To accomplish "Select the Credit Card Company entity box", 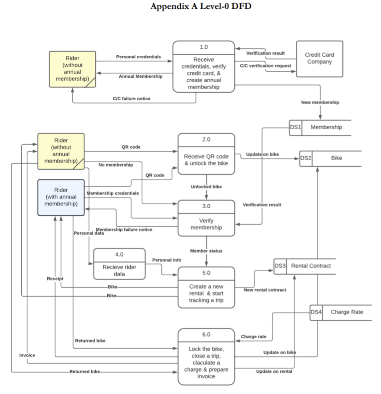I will pyautogui.click(x=319, y=58).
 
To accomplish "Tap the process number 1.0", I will pyautogui.click(x=204, y=47).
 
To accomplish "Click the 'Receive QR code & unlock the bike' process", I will pyautogui.click(x=206, y=159).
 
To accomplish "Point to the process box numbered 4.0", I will pyautogui.click(x=119, y=264).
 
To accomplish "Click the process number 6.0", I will pyautogui.click(x=206, y=334).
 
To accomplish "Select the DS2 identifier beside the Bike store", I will pyautogui.click(x=306, y=158).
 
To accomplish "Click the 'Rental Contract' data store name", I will pyautogui.click(x=311, y=266).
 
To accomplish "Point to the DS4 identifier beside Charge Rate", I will pyautogui.click(x=316, y=312).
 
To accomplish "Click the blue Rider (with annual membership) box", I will pyautogui.click(x=61, y=197).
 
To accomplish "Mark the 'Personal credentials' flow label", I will pyautogui.click(x=138, y=57).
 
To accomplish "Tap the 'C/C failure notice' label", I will pyautogui.click(x=131, y=99).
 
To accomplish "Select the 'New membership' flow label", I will pyautogui.click(x=320, y=102).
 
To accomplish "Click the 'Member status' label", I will pyautogui.click(x=206, y=251).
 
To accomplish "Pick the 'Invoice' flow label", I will pyautogui.click(x=27, y=355).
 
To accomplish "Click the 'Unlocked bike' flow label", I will pyautogui.click(x=206, y=186).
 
